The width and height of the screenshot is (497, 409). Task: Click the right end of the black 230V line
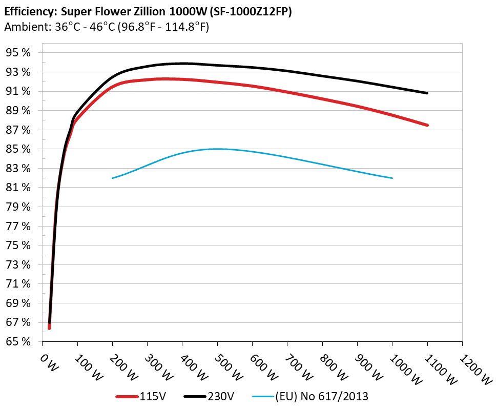click(x=427, y=93)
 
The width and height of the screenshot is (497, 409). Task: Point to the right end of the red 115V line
click(x=427, y=125)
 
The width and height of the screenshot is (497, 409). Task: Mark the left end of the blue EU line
click(x=113, y=178)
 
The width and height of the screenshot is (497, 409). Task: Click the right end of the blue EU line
click(x=392, y=178)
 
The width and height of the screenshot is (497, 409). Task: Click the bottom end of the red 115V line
click(x=49, y=328)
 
